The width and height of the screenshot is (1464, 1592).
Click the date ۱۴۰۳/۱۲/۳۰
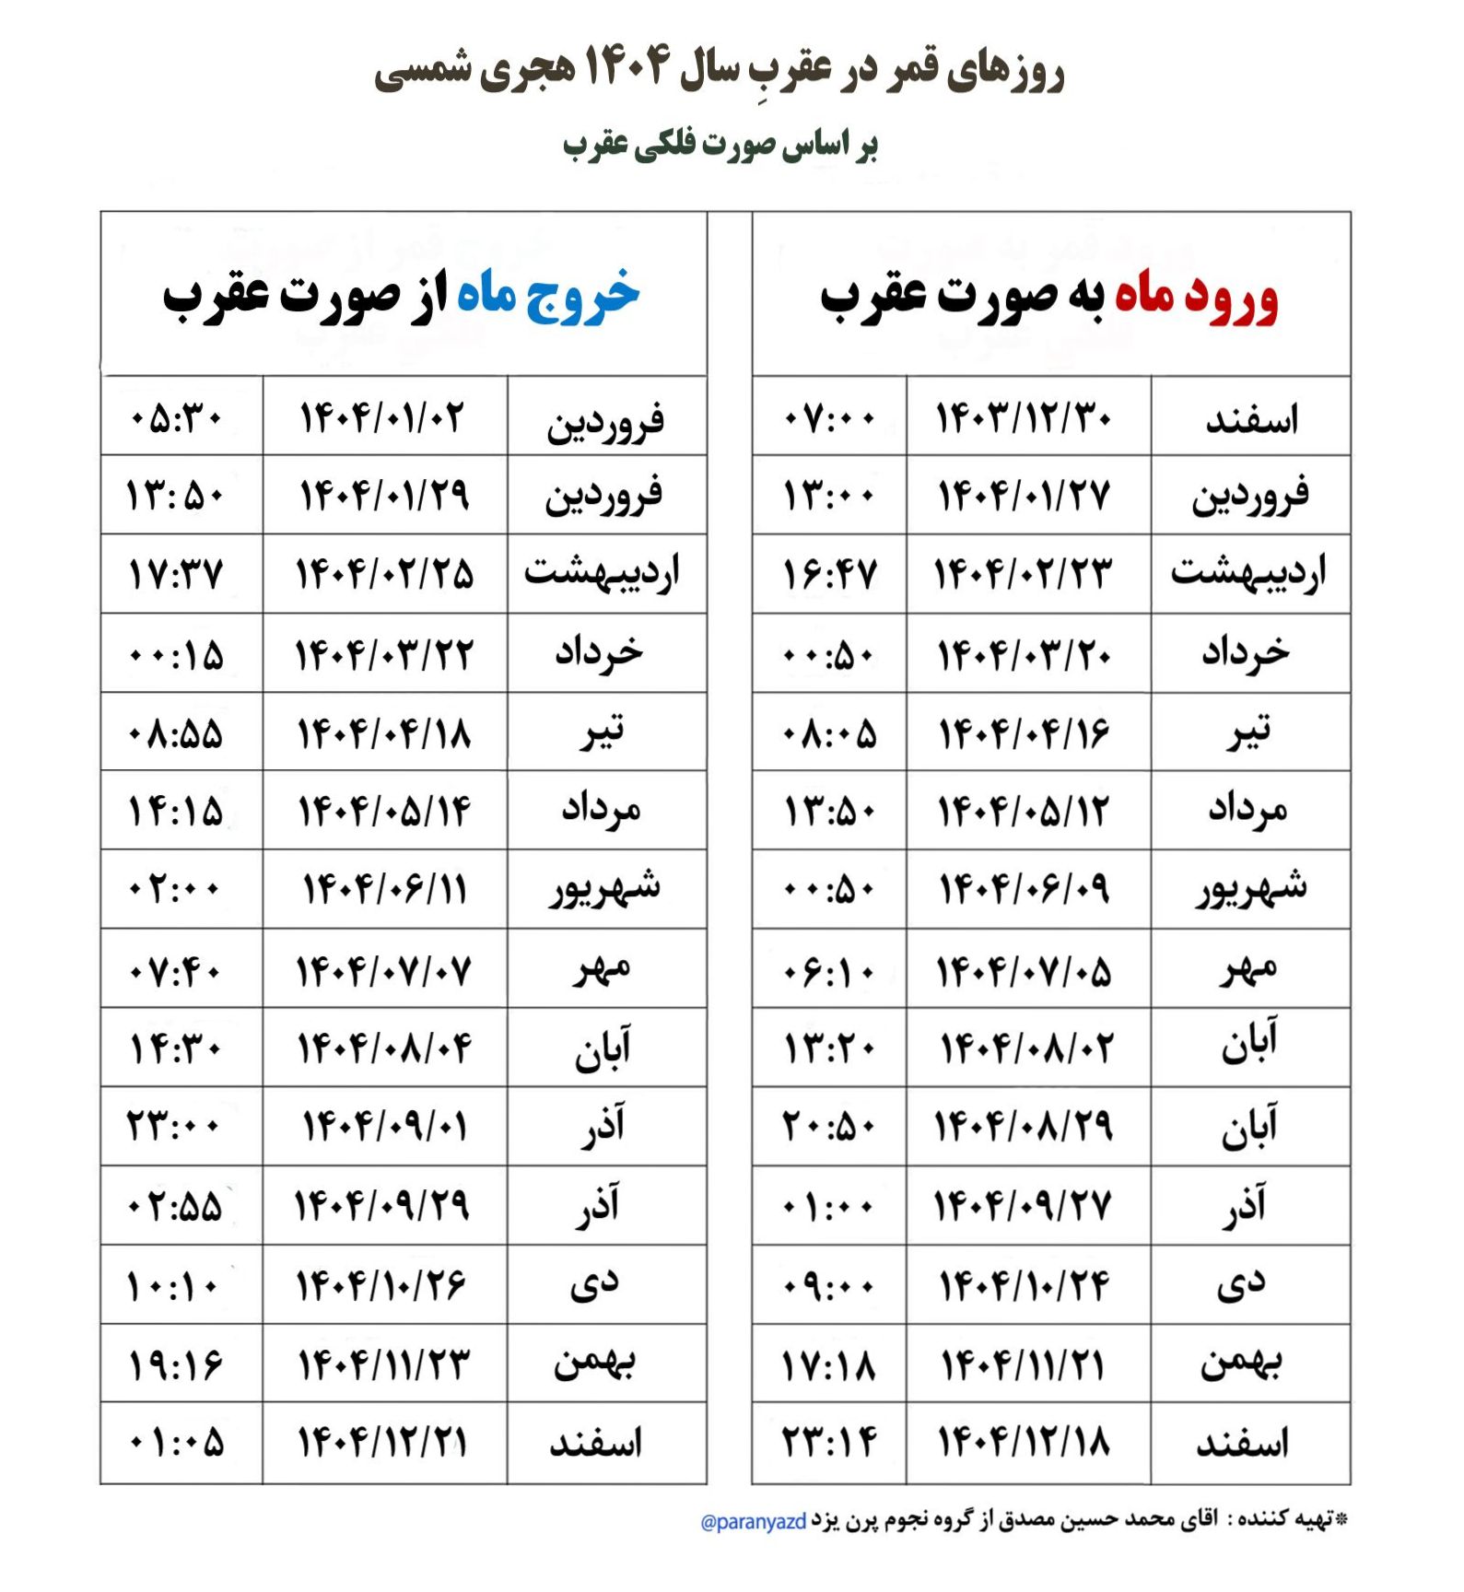[x=1024, y=418]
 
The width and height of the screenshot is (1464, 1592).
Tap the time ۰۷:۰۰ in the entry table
[x=828, y=418]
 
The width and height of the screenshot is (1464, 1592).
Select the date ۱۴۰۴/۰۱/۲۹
[x=384, y=496]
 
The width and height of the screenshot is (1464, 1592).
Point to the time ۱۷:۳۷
[x=175, y=574]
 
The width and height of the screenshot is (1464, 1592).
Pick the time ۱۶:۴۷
[x=829, y=575]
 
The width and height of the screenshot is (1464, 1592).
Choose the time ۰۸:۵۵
[x=176, y=734]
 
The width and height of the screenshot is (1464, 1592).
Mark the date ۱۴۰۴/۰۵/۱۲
[x=1024, y=812]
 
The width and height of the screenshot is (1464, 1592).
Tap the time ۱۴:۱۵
[x=175, y=812]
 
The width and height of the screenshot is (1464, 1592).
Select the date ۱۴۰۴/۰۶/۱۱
[x=384, y=890]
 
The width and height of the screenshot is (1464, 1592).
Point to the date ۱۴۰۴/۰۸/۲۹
[x=1024, y=1126]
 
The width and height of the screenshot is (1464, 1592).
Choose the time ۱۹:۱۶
[x=175, y=1364]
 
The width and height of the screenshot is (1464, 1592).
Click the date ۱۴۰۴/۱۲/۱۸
[x=1024, y=1442]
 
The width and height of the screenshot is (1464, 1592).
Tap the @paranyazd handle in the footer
[x=754, y=1522]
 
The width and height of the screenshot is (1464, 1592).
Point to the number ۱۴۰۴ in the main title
[x=626, y=68]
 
